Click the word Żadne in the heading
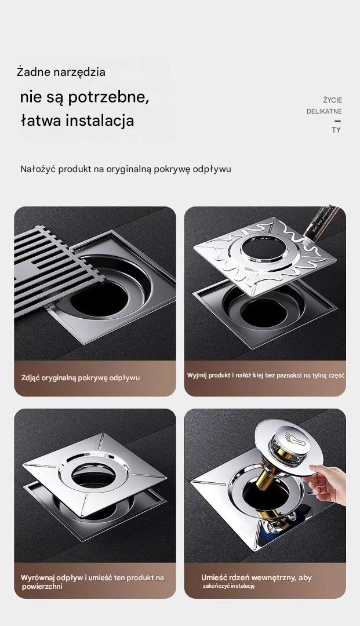tap(33, 72)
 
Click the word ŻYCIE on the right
tap(332, 100)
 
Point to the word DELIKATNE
tap(324, 111)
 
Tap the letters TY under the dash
tap(336, 130)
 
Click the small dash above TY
tap(337, 121)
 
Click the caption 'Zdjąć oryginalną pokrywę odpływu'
tap(80, 378)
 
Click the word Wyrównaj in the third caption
tap(38, 578)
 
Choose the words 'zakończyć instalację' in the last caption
tap(228, 586)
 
